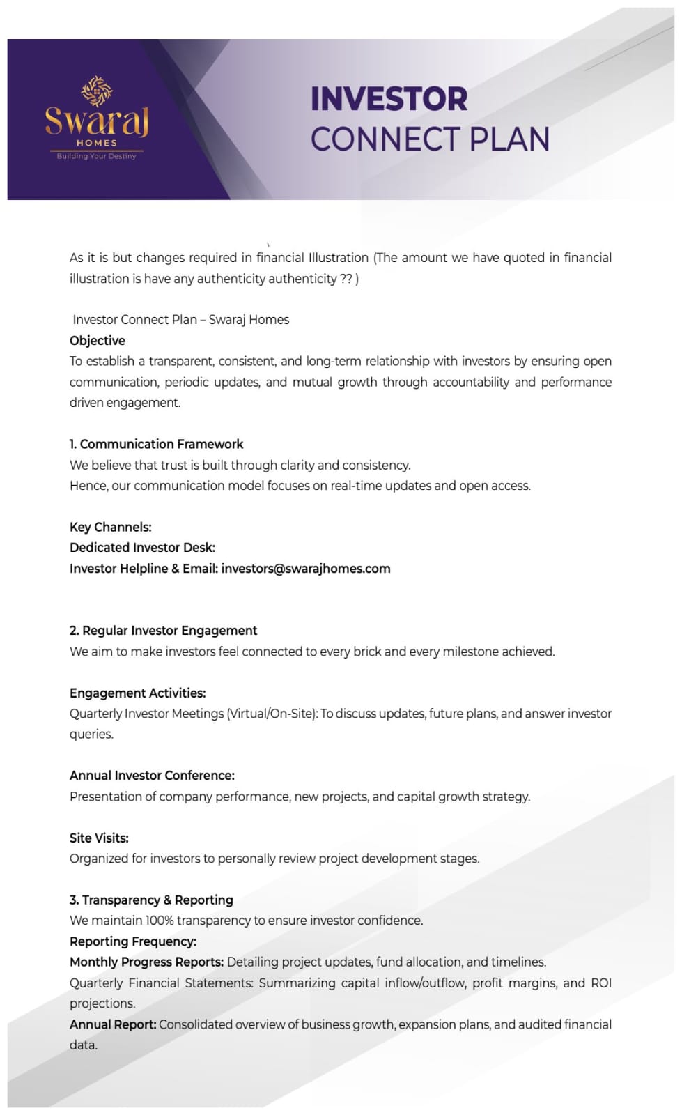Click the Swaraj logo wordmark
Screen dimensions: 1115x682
click(x=97, y=121)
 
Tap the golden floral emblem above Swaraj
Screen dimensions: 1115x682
click(x=97, y=91)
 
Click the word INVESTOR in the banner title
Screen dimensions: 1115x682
click(x=389, y=99)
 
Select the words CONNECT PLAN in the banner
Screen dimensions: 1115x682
click(x=430, y=139)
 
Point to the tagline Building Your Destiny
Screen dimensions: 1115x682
click(x=97, y=156)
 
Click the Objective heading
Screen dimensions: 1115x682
click(x=98, y=341)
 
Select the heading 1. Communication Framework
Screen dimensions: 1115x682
click(x=157, y=445)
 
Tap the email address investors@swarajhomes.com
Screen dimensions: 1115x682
click(x=306, y=569)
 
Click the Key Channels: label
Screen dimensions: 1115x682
click(x=111, y=528)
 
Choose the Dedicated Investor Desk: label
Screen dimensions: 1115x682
click(x=143, y=548)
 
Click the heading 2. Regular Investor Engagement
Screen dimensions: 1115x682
click(x=164, y=631)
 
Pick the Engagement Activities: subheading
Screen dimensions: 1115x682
click(x=138, y=693)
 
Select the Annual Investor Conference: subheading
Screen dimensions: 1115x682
click(x=153, y=776)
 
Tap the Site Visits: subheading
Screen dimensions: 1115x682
click(x=100, y=838)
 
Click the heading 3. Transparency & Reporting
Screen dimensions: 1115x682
click(x=152, y=900)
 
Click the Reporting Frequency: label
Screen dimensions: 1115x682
click(x=133, y=941)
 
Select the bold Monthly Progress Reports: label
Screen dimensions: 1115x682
click(x=147, y=962)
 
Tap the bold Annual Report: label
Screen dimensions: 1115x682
click(x=113, y=1024)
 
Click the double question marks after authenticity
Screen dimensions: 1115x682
click(x=346, y=279)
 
